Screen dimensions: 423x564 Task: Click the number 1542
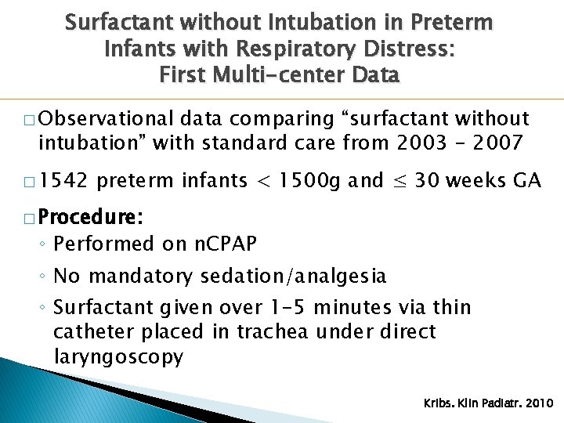pyautogui.click(x=63, y=181)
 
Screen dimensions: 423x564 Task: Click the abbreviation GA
pyautogui.click(x=526, y=181)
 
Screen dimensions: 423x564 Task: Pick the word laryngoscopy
pyautogui.click(x=118, y=357)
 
